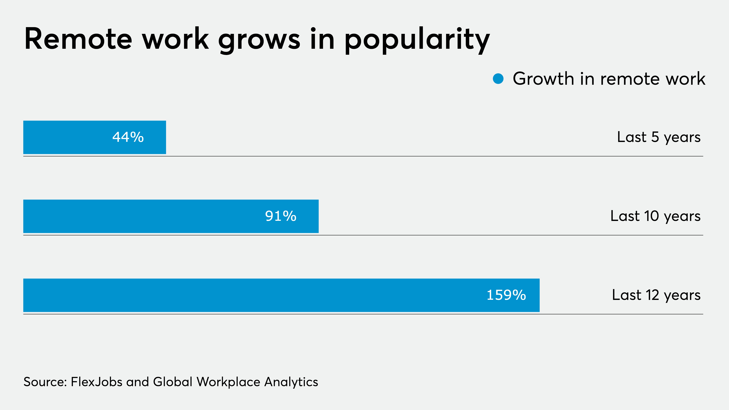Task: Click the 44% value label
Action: point(128,137)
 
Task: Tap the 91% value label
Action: point(281,216)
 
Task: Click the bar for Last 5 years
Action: point(68,137)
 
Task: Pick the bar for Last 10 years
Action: point(142,216)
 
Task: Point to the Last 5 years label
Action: point(659,137)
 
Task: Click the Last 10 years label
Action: point(655,216)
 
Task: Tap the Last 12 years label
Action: point(656,295)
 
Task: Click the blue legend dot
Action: point(498,79)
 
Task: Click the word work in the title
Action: point(175,39)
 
